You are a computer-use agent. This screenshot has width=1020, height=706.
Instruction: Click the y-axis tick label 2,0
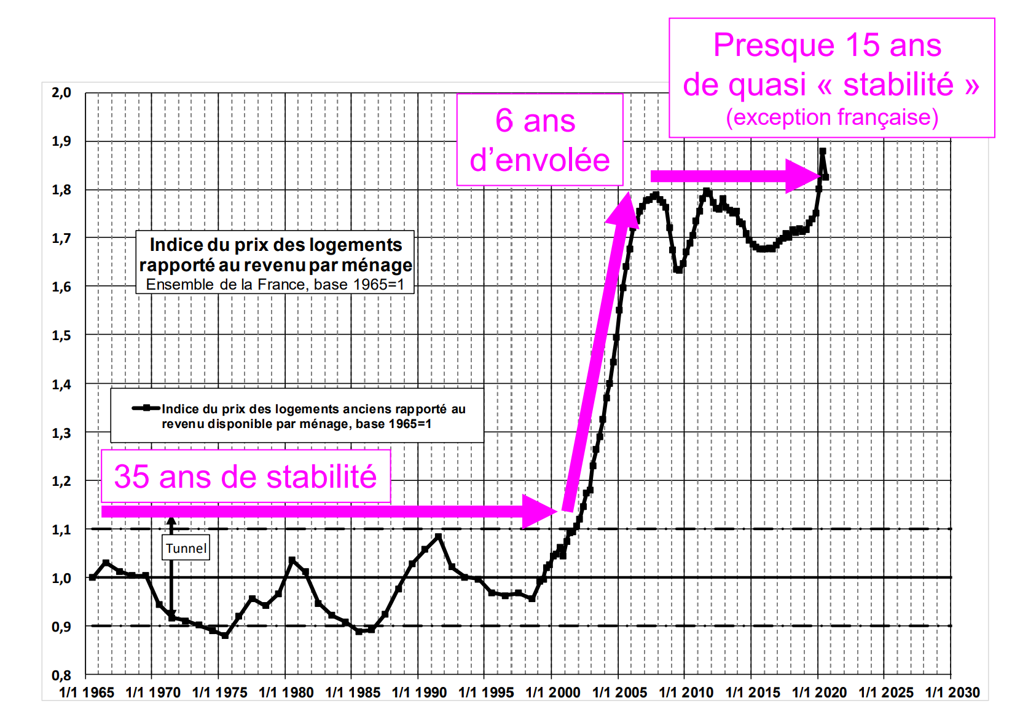click(x=61, y=93)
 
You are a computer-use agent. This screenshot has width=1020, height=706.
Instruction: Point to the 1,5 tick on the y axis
click(x=61, y=336)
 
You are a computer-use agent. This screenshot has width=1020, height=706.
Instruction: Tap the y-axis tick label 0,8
click(x=61, y=675)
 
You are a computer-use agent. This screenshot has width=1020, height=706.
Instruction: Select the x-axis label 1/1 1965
click(x=87, y=692)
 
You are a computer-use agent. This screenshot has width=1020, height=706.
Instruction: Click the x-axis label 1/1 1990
click(x=419, y=692)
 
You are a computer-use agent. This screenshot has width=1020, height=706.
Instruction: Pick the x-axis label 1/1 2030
click(x=952, y=692)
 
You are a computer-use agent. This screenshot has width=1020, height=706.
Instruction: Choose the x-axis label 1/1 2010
click(x=686, y=692)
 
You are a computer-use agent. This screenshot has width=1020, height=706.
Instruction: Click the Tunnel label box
click(x=186, y=549)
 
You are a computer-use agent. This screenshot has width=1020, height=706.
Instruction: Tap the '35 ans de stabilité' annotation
click(x=245, y=477)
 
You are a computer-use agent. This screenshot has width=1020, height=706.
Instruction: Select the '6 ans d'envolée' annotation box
click(x=539, y=140)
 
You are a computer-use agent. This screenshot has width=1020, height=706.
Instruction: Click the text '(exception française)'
click(x=832, y=117)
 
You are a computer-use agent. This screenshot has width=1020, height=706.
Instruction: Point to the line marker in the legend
click(x=146, y=408)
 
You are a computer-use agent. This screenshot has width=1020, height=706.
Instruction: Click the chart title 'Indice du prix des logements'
click(x=276, y=245)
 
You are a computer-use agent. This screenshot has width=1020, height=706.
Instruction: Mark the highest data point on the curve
click(x=822, y=151)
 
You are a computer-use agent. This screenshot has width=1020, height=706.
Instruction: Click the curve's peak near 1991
click(x=438, y=537)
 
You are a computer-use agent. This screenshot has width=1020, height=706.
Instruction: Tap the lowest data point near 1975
click(x=225, y=635)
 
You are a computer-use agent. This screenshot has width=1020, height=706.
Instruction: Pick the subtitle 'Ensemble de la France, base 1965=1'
click(x=275, y=285)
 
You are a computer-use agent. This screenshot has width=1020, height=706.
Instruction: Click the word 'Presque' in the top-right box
click(x=774, y=46)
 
